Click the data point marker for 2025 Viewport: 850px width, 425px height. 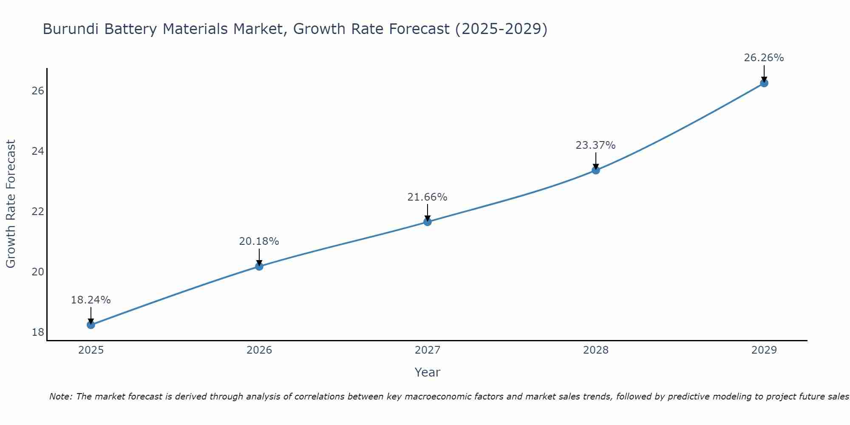coord(91,325)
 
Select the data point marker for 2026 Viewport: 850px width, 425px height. coord(259,266)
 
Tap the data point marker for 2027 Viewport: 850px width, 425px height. coord(428,222)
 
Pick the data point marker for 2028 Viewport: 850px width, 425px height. coord(596,170)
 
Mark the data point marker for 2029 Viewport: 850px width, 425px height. coord(764,83)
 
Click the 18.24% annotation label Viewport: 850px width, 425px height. coord(91,300)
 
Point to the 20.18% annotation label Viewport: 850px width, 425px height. coord(259,241)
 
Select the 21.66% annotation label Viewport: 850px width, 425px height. coord(428,197)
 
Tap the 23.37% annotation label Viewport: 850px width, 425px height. coord(596,145)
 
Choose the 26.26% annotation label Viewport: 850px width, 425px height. coord(764,58)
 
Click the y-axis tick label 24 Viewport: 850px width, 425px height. coord(38,151)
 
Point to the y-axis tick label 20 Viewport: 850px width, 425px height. coord(38,272)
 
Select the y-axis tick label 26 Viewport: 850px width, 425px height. coord(38,91)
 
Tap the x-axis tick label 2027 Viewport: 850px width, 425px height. coord(428,350)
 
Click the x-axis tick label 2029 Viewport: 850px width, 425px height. coord(764,350)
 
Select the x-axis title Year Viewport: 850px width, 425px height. coord(428,372)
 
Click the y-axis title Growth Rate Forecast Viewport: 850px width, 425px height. coord(11,204)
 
